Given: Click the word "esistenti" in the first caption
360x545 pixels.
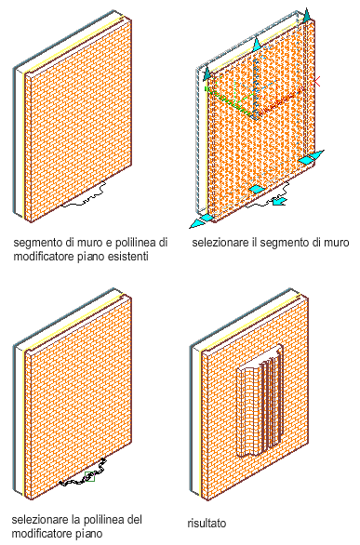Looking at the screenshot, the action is click(x=127, y=257).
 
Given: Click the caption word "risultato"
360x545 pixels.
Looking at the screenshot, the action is click(x=207, y=523).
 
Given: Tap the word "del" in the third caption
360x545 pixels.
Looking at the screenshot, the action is click(x=134, y=520).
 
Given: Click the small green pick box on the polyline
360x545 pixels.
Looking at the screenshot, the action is click(x=89, y=476).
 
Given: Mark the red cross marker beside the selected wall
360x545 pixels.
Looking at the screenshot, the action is click(x=316, y=82).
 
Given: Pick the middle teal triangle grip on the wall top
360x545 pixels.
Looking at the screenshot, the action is click(x=257, y=45).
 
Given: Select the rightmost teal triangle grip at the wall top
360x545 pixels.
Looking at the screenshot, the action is click(x=306, y=16).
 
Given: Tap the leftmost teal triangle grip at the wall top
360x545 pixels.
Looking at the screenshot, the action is click(x=207, y=73).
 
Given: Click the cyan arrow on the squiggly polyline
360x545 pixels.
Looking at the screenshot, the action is click(x=279, y=201).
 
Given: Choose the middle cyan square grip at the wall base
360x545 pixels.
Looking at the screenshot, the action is click(x=257, y=190).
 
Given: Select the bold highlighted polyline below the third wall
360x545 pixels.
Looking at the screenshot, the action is click(x=84, y=473).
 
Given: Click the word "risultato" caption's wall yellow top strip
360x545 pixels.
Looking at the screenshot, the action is click(x=250, y=323).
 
